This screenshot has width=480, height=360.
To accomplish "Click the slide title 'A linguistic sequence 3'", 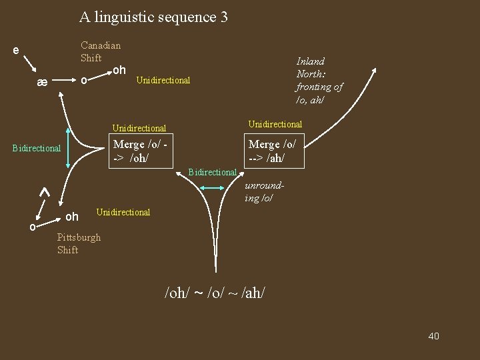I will (x=153, y=17).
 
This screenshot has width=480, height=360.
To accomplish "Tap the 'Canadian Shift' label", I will (x=101, y=51).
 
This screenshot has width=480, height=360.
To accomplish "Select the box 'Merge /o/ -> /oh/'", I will (x=140, y=151).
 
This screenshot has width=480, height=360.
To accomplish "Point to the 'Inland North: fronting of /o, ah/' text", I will (x=319, y=81).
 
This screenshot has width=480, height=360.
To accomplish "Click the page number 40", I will (x=433, y=336).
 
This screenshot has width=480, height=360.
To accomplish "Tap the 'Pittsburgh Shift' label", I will (x=79, y=243).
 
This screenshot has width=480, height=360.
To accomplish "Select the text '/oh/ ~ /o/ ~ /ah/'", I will (x=219, y=293).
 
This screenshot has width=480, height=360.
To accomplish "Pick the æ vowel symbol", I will (x=42, y=82).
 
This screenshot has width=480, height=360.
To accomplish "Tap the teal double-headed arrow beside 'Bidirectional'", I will (x=214, y=189).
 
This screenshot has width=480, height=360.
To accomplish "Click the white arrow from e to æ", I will (x=29, y=65).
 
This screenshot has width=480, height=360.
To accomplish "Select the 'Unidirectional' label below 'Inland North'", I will (x=275, y=124).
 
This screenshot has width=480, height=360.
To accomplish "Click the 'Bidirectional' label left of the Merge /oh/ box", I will (x=37, y=148).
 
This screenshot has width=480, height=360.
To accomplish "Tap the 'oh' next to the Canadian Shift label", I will (x=119, y=70).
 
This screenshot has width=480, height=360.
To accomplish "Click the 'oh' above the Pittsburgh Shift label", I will (x=72, y=217).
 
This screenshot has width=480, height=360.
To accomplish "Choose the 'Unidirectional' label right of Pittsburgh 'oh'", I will (x=123, y=212).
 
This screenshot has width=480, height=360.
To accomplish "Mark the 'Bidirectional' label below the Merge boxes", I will (x=213, y=173).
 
